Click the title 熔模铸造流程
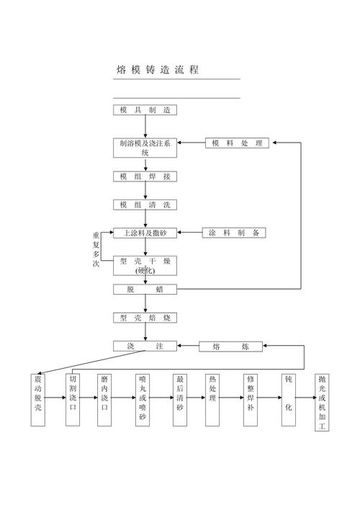point(158,70)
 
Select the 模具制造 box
point(145,110)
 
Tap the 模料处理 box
point(237,143)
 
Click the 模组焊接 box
point(145,176)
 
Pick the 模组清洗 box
point(145,205)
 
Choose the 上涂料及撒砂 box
point(145,233)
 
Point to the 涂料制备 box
point(234,233)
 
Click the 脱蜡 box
point(145,290)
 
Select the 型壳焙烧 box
point(145,318)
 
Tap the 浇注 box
point(145,346)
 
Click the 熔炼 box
point(230,346)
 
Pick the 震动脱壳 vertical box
point(37,400)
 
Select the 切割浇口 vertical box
point(73,400)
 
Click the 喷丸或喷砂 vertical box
point(143,400)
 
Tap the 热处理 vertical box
point(212,400)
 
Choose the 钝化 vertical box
point(289,400)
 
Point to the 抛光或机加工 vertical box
point(322,403)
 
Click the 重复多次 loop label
point(96,249)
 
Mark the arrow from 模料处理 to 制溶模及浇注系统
point(192,143)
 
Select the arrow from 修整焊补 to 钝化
point(269,398)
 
